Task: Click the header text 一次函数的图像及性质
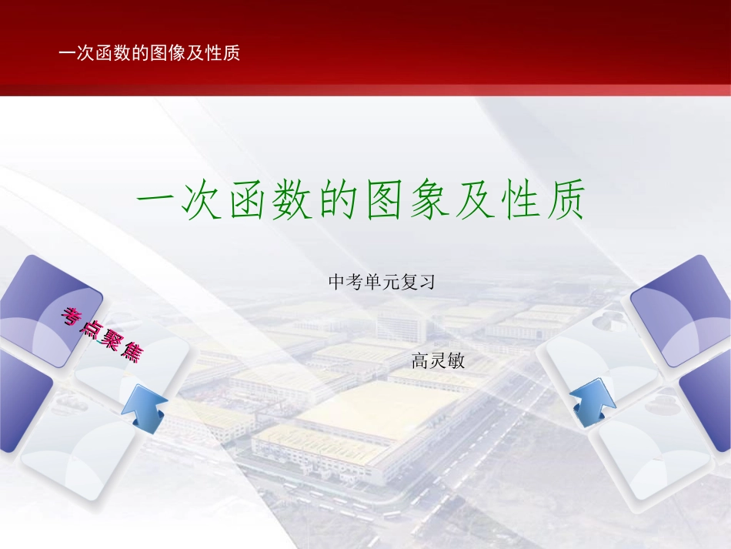[150, 53]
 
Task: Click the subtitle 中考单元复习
[382, 283]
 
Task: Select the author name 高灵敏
[439, 360]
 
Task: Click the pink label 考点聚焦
[103, 333]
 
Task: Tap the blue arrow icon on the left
[144, 406]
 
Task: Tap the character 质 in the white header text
[232, 53]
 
